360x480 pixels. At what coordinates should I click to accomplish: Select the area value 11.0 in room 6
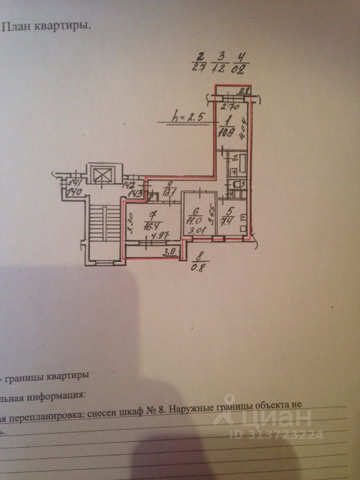[192, 219]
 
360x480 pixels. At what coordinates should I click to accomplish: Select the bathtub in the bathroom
[239, 162]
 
